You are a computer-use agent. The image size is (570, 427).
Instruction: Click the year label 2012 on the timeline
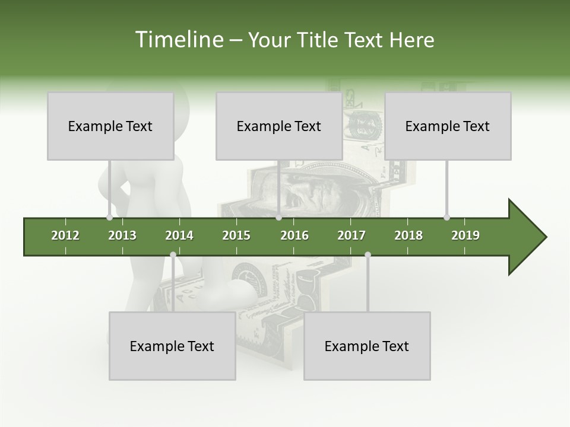tap(65, 235)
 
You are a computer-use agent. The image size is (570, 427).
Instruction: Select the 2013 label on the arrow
tap(122, 235)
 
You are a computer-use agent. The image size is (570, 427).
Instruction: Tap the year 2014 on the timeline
tap(179, 235)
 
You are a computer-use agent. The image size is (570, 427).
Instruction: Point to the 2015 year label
tap(236, 235)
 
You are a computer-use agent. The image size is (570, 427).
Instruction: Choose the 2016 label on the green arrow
tap(294, 235)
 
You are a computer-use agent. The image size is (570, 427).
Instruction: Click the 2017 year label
tap(351, 235)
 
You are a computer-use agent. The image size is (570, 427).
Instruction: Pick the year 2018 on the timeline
tap(408, 235)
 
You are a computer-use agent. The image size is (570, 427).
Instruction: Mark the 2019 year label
tap(465, 235)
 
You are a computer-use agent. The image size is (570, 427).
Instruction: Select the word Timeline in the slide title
tap(179, 40)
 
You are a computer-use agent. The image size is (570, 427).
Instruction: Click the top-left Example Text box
tap(110, 126)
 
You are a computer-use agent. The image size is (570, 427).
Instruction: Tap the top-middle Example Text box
tap(279, 126)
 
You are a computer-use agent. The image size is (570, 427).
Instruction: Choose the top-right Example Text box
tap(448, 126)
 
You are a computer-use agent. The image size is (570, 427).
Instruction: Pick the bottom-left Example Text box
tap(172, 346)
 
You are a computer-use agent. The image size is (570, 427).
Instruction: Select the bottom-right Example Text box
tap(367, 346)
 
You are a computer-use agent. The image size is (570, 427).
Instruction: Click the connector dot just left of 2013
tap(109, 218)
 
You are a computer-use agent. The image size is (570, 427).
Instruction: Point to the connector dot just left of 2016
tap(279, 218)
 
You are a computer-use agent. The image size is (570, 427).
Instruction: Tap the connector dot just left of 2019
tap(446, 218)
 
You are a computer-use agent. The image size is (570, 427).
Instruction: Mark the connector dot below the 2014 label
tap(173, 255)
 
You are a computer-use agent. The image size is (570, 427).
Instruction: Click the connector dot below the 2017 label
tap(368, 255)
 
